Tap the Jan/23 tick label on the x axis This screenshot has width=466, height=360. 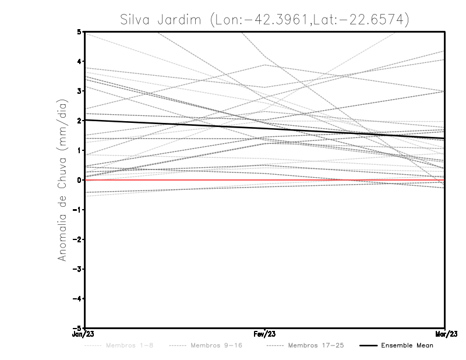(x=85, y=334)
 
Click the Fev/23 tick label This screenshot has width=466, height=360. (x=265, y=334)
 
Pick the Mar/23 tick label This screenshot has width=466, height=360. (x=444, y=334)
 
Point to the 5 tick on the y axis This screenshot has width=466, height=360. (x=79, y=31)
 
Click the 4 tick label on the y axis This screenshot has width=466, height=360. (x=79, y=61)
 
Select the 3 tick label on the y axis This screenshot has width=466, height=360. (x=79, y=91)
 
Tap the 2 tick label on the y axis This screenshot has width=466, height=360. (x=79, y=121)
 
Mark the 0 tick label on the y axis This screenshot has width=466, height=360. (x=79, y=180)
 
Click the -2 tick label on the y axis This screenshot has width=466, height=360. (x=77, y=239)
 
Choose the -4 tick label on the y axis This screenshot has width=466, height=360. (x=77, y=298)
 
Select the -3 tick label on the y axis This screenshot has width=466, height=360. (x=77, y=269)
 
